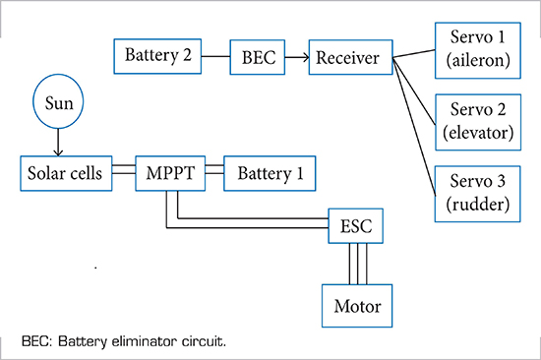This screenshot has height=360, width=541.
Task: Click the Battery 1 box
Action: pyautogui.click(x=270, y=173)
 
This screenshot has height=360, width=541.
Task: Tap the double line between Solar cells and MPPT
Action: pyautogui.click(x=118, y=173)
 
